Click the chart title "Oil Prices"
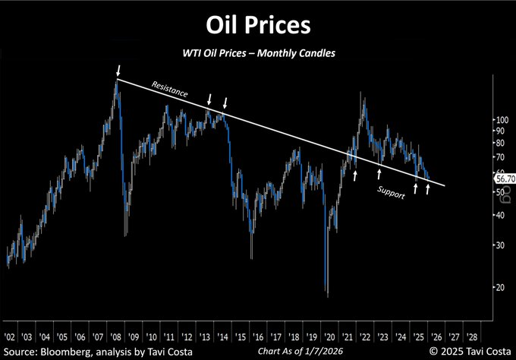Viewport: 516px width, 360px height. click(x=258, y=24)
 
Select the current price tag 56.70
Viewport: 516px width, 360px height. click(x=505, y=178)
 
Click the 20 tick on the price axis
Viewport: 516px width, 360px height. click(x=499, y=287)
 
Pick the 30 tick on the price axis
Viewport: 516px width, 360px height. click(x=499, y=245)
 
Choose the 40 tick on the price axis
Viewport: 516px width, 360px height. click(x=499, y=215)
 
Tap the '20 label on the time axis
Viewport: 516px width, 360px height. click(x=329, y=335)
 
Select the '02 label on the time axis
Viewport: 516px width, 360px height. click(x=10, y=335)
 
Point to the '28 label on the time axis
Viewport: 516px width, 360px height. click(x=471, y=335)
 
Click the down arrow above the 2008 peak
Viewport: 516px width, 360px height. click(x=118, y=71)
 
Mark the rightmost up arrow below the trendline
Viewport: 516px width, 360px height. click(x=428, y=188)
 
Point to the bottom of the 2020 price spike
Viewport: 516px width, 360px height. click(x=326, y=295)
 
